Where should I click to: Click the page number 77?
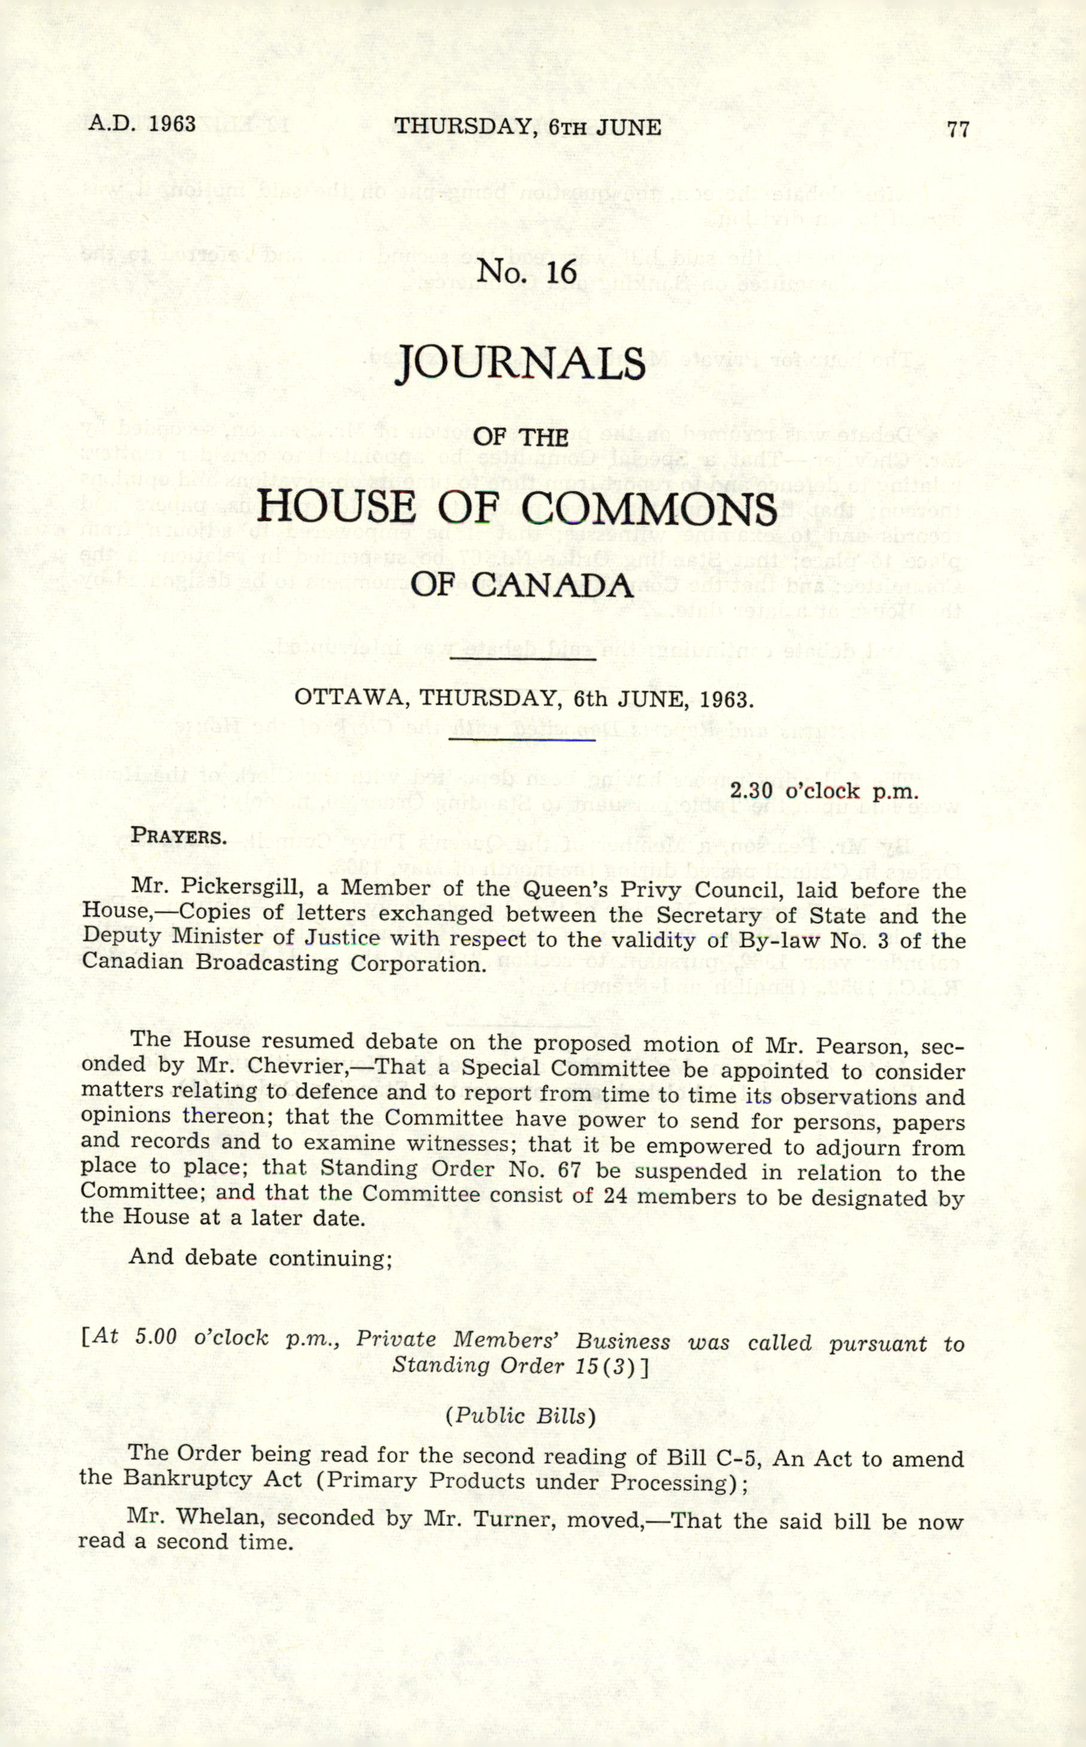(x=958, y=129)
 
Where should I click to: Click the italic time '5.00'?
(x=155, y=1337)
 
